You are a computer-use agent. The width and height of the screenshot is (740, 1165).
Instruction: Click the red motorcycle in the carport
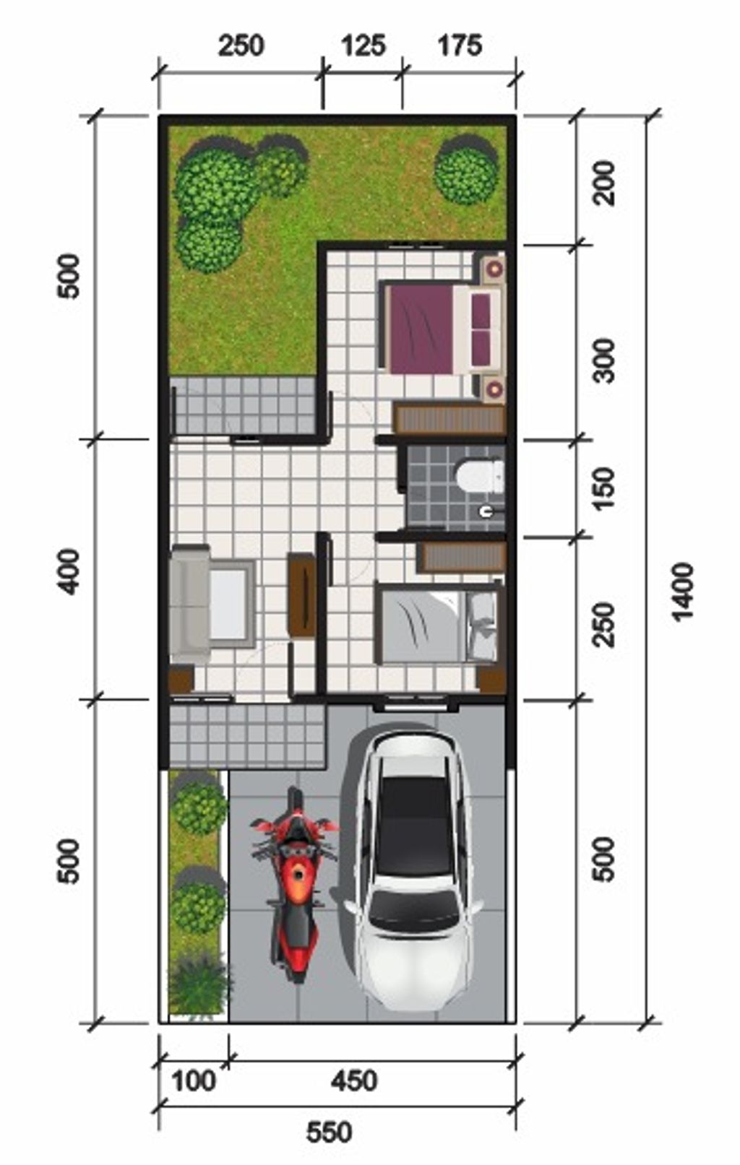[x=294, y=885]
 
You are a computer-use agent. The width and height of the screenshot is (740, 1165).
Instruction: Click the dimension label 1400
[x=682, y=592]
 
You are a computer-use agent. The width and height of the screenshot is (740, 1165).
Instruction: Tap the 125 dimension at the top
[x=362, y=46]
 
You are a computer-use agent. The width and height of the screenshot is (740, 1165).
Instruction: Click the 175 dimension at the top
[x=460, y=46]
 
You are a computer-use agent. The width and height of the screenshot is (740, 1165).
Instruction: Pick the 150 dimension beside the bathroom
[x=603, y=489]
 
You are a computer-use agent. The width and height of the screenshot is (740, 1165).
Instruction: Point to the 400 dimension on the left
[x=69, y=571]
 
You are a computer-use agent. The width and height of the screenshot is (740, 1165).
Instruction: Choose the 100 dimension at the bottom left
[x=194, y=1081]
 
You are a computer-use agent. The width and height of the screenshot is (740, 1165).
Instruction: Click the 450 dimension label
[x=354, y=1081]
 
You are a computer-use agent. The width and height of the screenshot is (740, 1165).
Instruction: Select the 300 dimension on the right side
[x=603, y=360]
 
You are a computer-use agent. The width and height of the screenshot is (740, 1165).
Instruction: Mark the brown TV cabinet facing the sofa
[x=302, y=594]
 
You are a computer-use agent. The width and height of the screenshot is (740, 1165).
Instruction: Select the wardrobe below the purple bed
[x=449, y=419]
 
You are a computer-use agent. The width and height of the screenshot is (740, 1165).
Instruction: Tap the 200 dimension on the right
[x=603, y=183]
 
